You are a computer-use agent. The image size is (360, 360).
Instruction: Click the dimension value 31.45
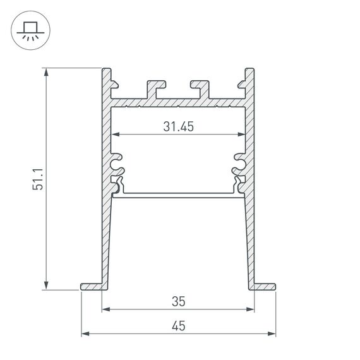point(177,126)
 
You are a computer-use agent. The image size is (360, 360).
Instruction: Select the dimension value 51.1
point(39,179)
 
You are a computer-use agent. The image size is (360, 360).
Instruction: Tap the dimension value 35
point(177,302)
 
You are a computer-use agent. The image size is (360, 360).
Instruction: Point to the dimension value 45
point(177,326)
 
